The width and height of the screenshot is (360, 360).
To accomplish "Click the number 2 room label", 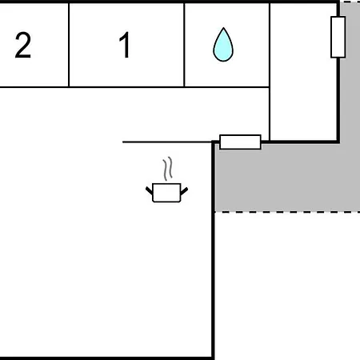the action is pyautogui.click(x=23, y=45).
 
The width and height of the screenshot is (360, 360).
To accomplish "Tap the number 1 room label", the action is pyautogui.click(x=125, y=45).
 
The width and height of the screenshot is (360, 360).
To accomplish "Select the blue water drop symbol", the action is pyautogui.click(x=223, y=45).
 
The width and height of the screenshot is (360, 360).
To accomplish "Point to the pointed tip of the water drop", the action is pyautogui.click(x=223, y=27).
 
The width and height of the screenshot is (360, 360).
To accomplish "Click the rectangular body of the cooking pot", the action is pyautogui.click(x=166, y=193).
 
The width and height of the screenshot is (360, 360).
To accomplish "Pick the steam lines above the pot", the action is pyautogui.click(x=168, y=168).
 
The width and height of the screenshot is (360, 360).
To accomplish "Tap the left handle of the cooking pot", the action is pyautogui.click(x=150, y=190).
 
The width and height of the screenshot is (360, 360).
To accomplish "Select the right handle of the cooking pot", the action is pyautogui.click(x=184, y=191).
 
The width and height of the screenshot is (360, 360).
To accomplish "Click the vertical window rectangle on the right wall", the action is pyautogui.click(x=338, y=37).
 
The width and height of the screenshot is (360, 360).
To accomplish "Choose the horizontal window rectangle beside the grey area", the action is pyautogui.click(x=240, y=142).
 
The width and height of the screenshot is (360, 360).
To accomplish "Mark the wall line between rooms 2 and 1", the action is pyautogui.click(x=69, y=45).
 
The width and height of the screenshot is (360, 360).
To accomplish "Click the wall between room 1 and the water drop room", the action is pyautogui.click(x=184, y=45).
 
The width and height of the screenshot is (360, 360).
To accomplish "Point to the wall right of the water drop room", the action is pyautogui.click(x=270, y=72).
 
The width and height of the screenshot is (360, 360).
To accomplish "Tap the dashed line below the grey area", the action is pyautogui.click(x=287, y=212).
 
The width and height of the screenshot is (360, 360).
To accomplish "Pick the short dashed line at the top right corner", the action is pyautogui.click(x=350, y=2).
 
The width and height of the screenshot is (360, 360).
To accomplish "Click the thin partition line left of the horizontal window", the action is pyautogui.click(x=167, y=142).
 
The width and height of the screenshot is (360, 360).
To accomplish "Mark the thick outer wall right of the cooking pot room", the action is pyautogui.click(x=213, y=250).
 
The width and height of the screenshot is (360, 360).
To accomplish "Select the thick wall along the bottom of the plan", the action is pyautogui.click(x=106, y=358).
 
